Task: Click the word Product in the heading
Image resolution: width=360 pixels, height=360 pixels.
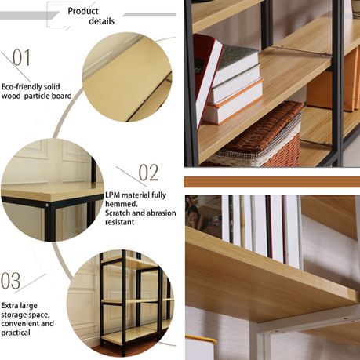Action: [83, 11]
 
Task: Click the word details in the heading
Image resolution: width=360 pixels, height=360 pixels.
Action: [102, 21]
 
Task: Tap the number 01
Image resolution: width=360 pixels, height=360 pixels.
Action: [21, 57]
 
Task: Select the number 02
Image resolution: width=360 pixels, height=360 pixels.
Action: [148, 173]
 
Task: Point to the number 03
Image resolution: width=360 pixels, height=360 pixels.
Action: [10, 281]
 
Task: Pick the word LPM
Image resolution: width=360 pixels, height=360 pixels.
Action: [113, 195]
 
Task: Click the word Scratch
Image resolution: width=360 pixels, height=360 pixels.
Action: [118, 213]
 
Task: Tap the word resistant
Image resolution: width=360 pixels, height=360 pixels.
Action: [120, 222]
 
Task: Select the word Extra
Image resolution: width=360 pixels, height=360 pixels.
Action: [9, 306]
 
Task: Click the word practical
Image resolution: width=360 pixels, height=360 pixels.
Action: [16, 333]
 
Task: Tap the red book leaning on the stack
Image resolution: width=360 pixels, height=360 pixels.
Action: [207, 78]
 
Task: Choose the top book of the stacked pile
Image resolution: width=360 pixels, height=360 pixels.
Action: [237, 64]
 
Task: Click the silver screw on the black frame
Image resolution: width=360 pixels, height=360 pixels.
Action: [47, 205]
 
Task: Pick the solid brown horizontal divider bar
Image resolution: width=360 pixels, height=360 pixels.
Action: [271, 182]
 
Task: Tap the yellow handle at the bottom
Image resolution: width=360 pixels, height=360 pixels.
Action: [201, 340]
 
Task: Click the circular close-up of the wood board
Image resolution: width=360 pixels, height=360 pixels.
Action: [127, 77]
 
